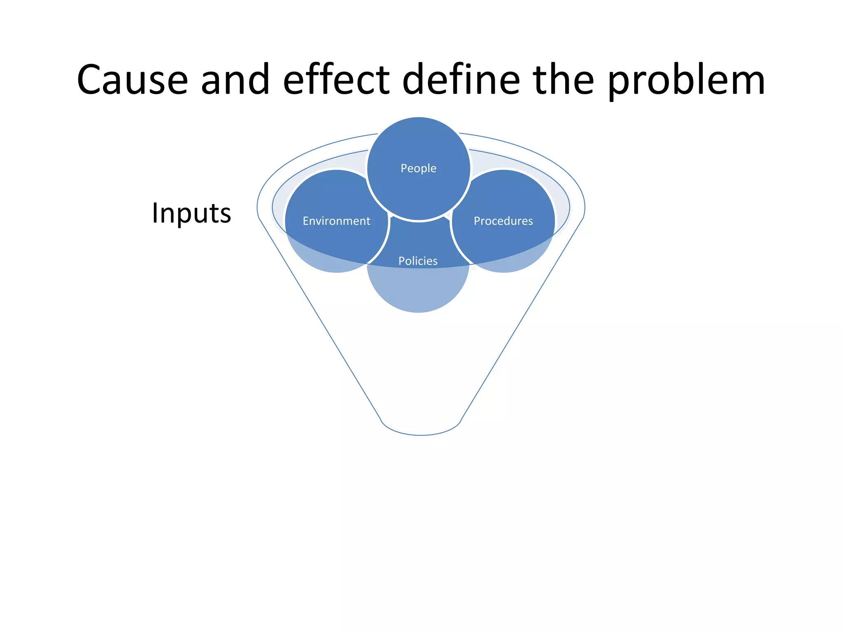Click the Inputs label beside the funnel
[x=191, y=214]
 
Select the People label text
[x=418, y=168]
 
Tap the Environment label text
[x=336, y=221]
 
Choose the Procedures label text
[x=503, y=221]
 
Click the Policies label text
[x=418, y=261]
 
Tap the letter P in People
[x=404, y=168]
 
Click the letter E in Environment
[x=306, y=221]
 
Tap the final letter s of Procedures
[x=530, y=221]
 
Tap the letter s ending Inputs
[x=225, y=215]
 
